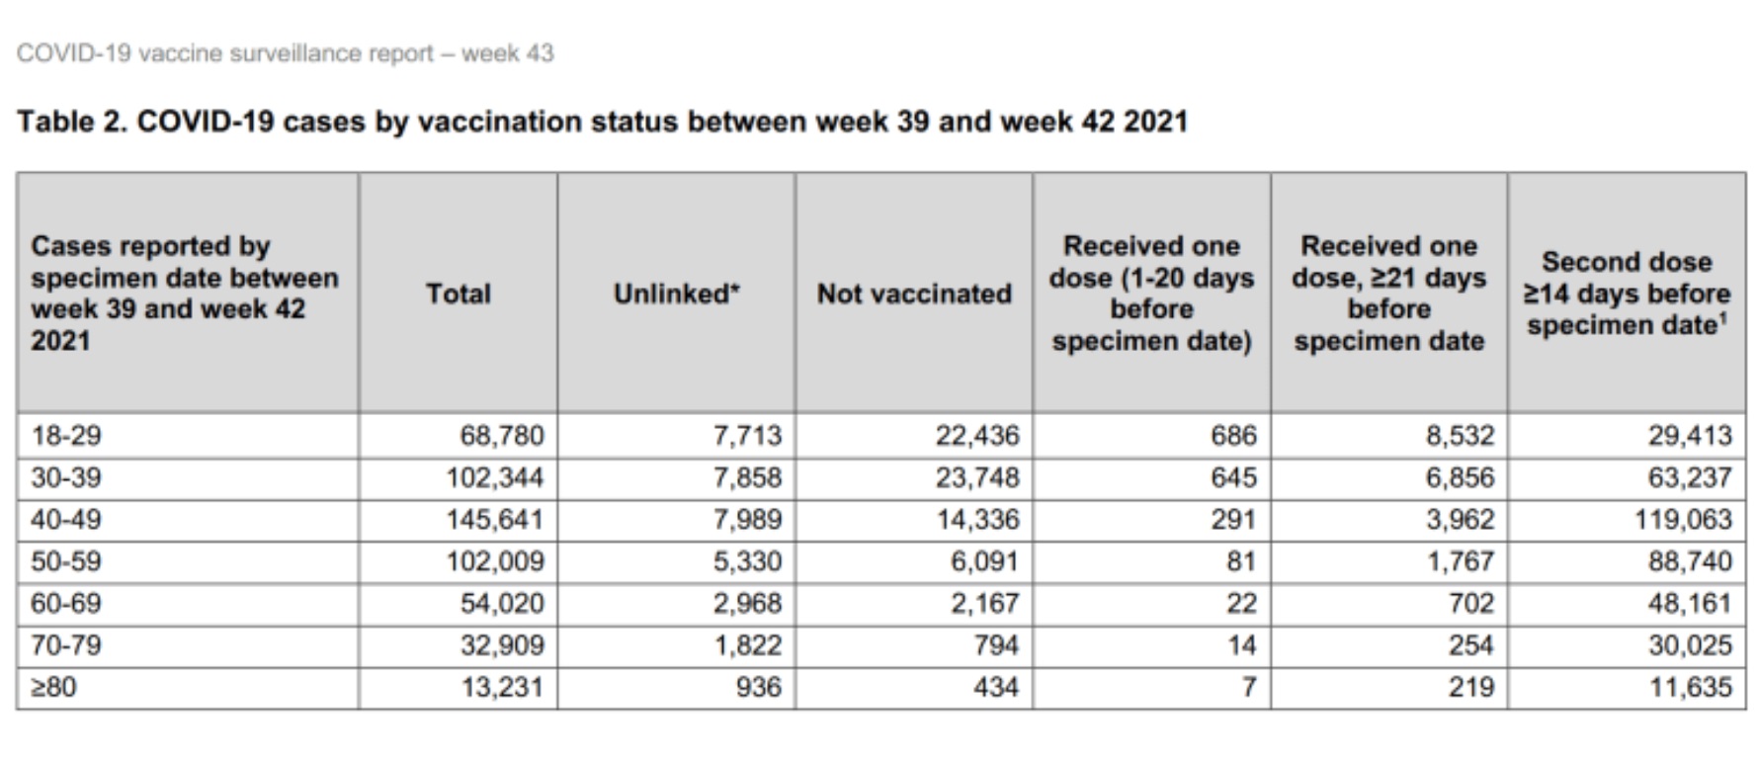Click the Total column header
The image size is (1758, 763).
(x=458, y=294)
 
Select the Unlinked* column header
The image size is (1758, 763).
(x=676, y=294)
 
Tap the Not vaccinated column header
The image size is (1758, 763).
(x=914, y=294)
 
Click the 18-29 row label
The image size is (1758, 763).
(x=66, y=436)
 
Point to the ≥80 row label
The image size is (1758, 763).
(x=53, y=687)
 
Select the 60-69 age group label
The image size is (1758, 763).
(x=66, y=603)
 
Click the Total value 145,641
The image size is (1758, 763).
(x=494, y=520)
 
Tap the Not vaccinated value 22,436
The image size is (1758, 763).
(x=977, y=436)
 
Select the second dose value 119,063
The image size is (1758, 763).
(x=1683, y=520)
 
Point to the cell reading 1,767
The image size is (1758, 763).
(x=1460, y=561)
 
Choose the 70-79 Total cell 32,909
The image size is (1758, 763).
(x=502, y=645)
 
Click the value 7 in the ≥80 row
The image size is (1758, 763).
(x=1249, y=687)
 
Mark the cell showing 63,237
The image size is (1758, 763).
(x=1690, y=478)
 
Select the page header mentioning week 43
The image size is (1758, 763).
(x=285, y=53)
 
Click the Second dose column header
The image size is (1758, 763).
(x=1627, y=294)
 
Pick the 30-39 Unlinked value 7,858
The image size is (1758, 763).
(x=747, y=478)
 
